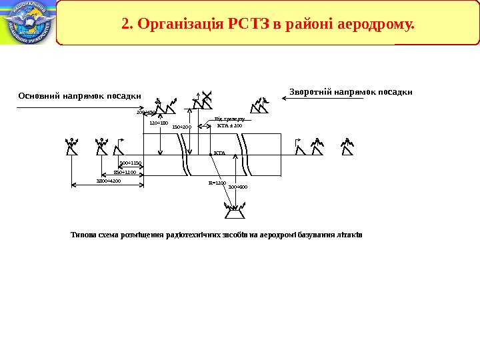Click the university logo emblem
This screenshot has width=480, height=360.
(27, 23)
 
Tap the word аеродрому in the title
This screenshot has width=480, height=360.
(376, 25)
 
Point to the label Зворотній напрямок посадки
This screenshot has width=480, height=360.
(351, 91)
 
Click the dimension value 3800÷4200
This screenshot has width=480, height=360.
(109, 181)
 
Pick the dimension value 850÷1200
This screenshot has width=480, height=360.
(125, 172)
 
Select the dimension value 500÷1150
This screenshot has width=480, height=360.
(131, 163)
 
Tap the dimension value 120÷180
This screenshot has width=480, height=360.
(159, 123)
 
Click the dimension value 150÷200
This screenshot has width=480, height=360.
(181, 127)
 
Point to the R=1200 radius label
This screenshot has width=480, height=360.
(217, 183)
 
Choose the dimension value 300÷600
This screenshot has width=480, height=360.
(238, 187)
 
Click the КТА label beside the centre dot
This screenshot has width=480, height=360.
(220, 153)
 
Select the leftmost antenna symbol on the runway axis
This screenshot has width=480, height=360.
(71, 147)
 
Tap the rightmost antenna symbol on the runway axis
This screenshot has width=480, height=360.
(347, 146)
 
